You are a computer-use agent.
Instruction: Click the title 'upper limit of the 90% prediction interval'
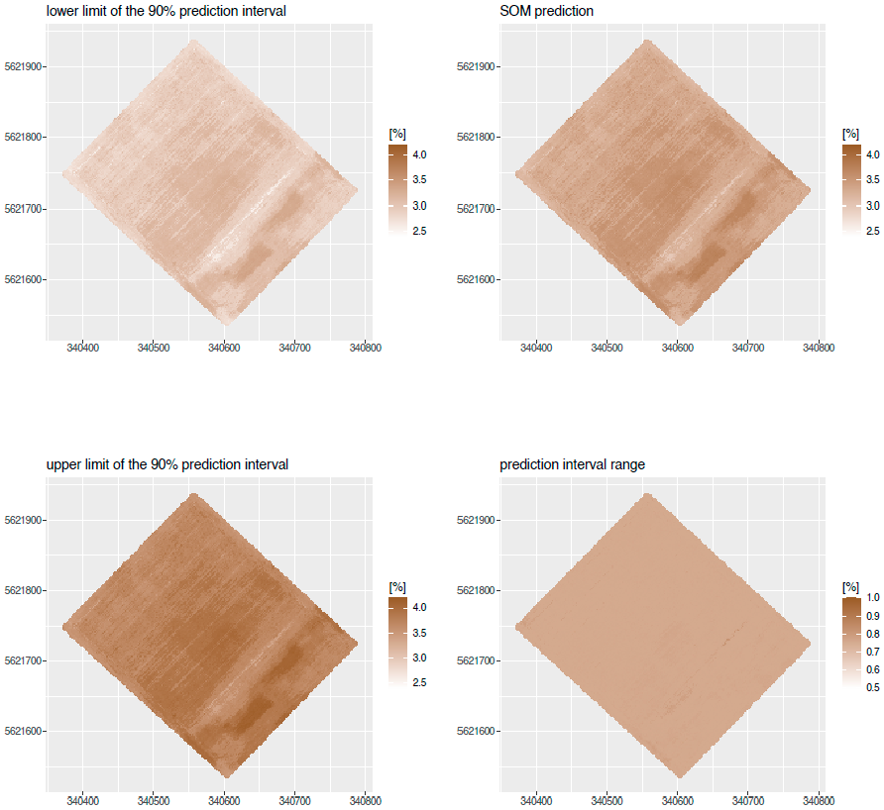[x=167, y=463]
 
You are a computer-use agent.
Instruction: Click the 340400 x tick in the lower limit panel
[x=81, y=348]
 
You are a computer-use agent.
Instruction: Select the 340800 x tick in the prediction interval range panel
[x=819, y=800]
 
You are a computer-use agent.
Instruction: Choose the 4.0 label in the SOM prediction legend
[x=873, y=154]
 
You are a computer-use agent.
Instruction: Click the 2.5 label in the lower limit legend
[x=420, y=231]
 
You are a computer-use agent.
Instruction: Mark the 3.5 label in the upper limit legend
[x=420, y=632]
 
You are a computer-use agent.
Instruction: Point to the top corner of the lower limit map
[x=194, y=42]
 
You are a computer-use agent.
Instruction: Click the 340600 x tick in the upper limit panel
[x=223, y=800]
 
